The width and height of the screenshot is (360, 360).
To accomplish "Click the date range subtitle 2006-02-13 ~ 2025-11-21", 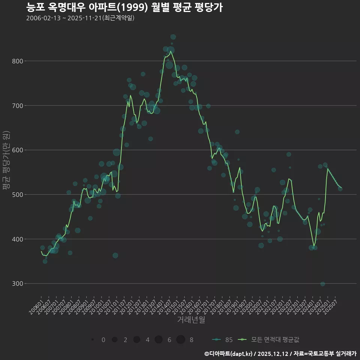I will [x=80, y=18].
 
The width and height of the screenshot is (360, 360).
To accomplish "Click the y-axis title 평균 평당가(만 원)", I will [x=6, y=160].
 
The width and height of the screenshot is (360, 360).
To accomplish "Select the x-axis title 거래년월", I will [x=191, y=320].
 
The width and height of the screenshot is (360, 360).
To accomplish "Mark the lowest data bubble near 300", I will [x=322, y=284].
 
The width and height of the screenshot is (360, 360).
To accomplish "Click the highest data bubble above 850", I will [x=173, y=37].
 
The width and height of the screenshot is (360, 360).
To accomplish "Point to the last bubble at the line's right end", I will [x=340, y=189].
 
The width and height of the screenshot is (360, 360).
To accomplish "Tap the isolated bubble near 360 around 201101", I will [x=115, y=255].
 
